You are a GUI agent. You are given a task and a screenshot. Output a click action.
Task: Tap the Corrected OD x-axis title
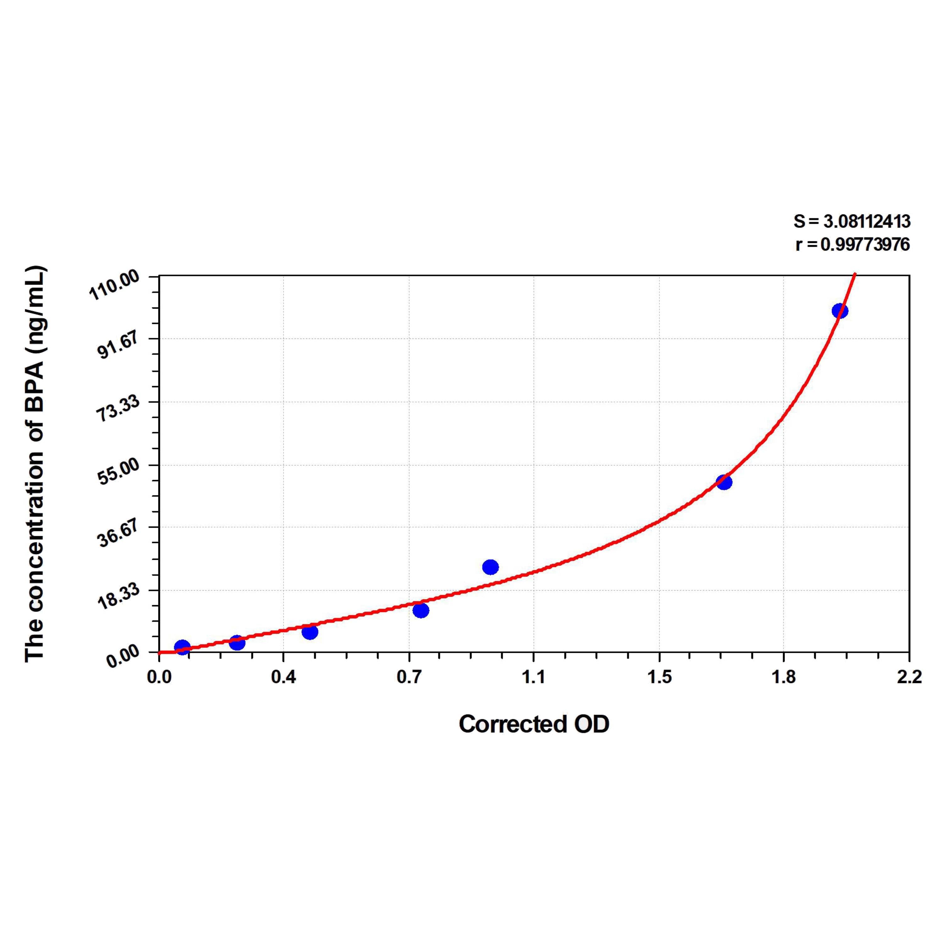click(534, 724)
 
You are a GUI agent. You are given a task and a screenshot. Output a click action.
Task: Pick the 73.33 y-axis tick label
click(118, 409)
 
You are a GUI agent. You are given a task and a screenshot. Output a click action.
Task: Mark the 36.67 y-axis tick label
click(118, 534)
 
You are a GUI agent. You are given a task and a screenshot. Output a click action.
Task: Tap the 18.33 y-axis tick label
click(118, 597)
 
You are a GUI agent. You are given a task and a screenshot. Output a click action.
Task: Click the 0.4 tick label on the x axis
click(283, 677)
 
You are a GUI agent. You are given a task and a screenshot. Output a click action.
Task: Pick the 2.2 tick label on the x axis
click(909, 677)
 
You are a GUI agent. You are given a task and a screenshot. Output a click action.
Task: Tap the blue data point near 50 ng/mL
click(724, 482)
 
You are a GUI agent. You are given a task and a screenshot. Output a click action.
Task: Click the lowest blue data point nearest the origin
click(182, 647)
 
